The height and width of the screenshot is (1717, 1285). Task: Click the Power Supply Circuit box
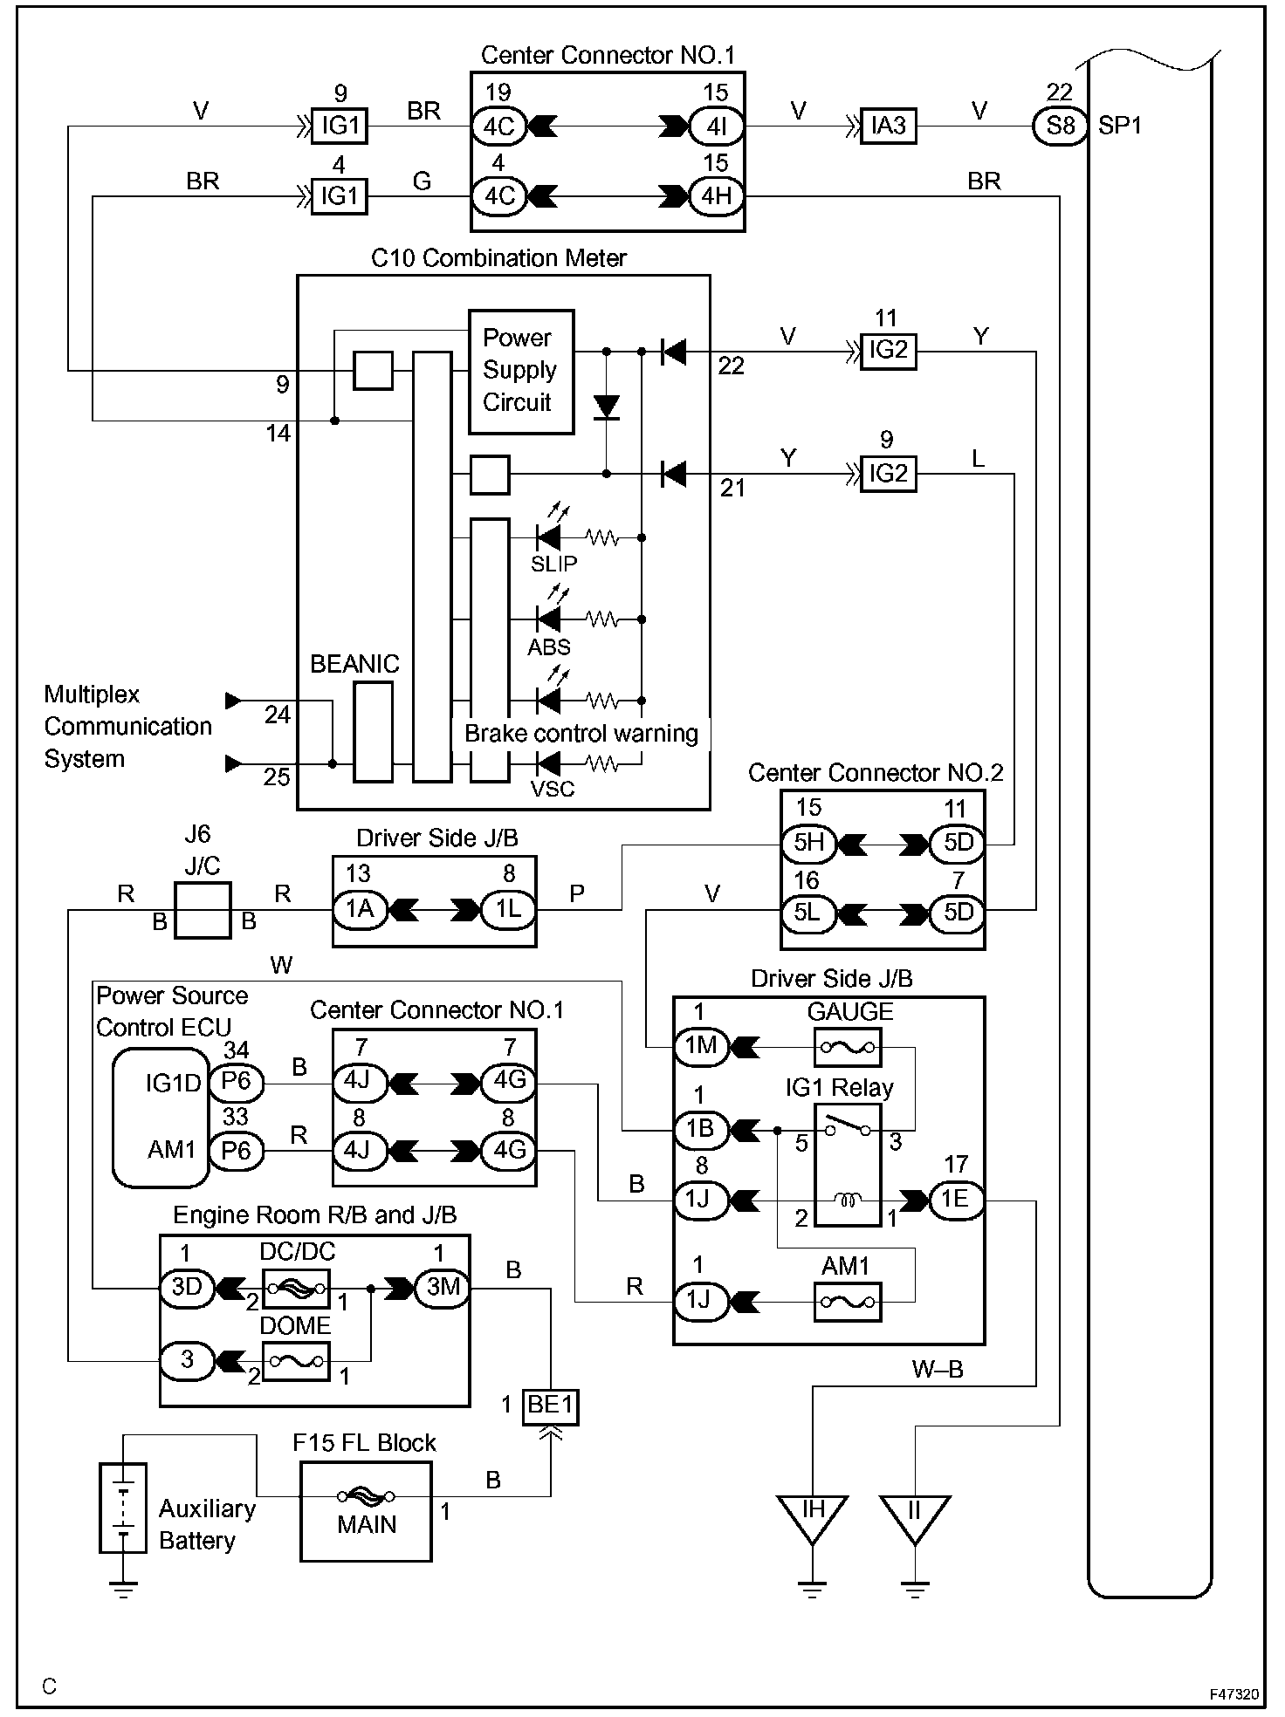521,372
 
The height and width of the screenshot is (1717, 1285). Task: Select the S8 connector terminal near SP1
1061,126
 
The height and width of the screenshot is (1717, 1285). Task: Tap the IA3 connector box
889,126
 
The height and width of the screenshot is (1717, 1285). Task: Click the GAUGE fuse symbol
847,1046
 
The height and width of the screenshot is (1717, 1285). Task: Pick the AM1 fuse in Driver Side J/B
847,1302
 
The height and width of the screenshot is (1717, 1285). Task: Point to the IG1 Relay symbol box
847,1166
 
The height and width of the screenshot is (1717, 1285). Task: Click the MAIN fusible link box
366,1511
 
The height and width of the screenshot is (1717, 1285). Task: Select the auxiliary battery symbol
123,1508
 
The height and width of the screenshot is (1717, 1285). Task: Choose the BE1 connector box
551,1406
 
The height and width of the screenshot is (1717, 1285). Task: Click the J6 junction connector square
203,910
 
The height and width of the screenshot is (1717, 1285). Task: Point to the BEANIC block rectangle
374,732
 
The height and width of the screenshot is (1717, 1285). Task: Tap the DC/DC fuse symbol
296,1287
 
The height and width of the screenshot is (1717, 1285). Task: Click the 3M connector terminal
443,1288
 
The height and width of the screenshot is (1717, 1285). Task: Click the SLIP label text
553,564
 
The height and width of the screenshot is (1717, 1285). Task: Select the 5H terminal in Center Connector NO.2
808,844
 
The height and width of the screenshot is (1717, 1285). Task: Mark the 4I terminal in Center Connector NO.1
717,126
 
